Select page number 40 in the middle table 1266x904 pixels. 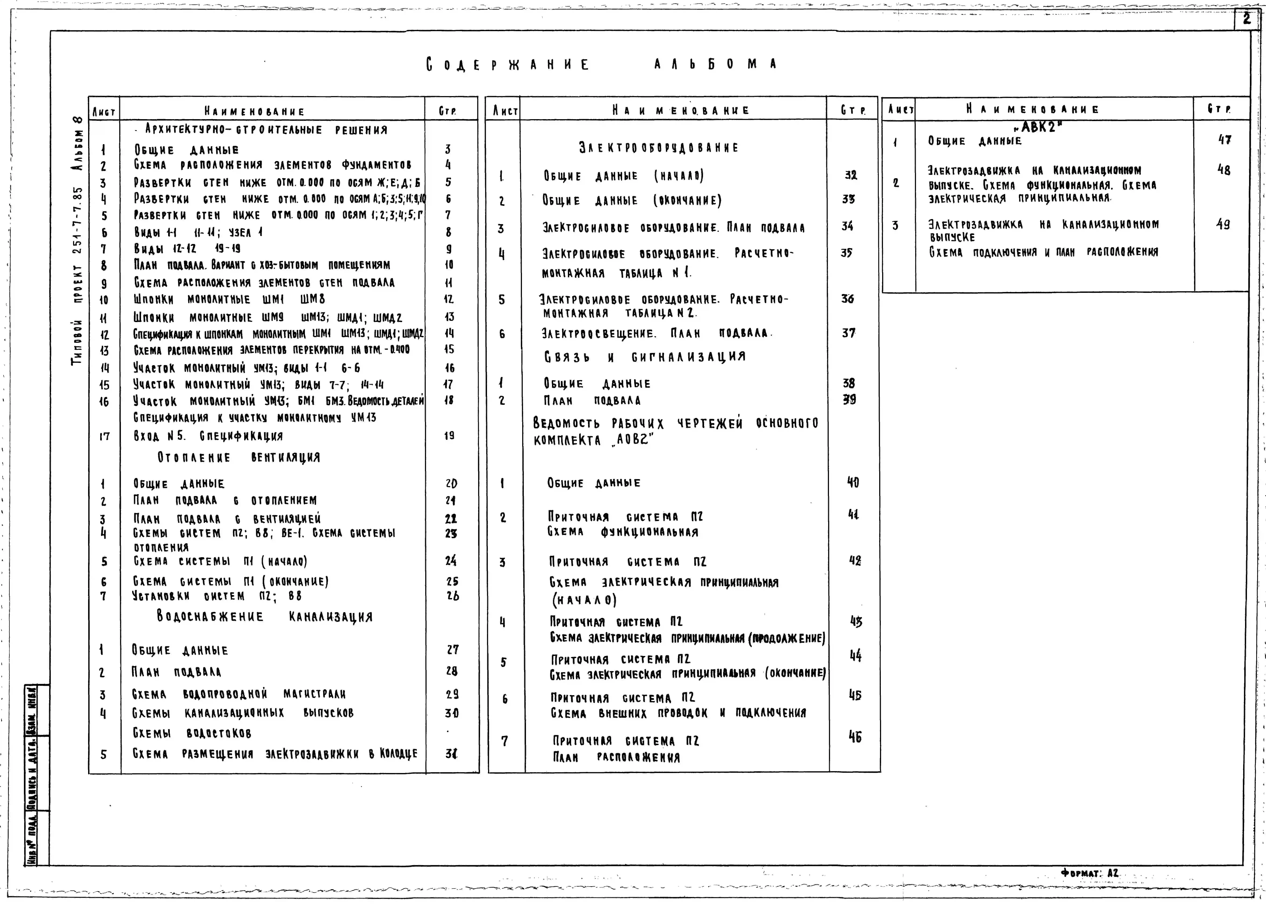pyautogui.click(x=853, y=482)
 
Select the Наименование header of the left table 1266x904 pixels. pyautogui.click(x=255, y=111)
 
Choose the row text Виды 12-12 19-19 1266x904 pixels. pyautogui.click(x=187, y=249)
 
